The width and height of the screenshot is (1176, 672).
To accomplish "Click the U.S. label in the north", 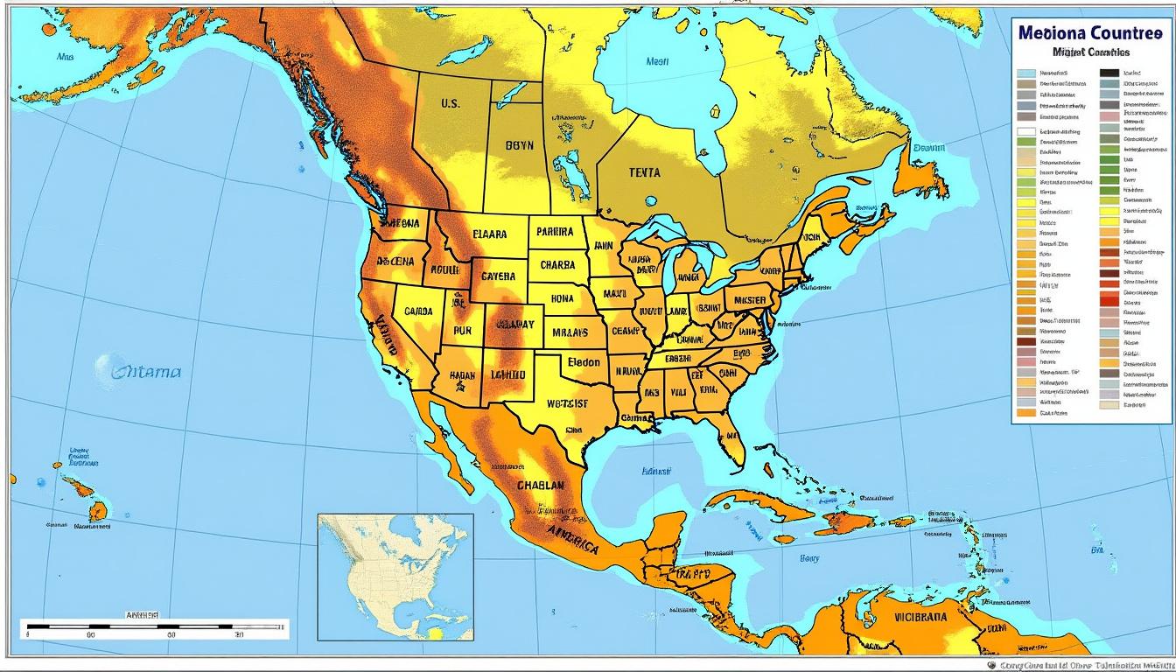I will click(x=450, y=103).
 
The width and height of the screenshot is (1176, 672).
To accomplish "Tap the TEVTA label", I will click(x=644, y=172).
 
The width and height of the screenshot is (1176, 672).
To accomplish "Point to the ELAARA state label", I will click(x=490, y=234).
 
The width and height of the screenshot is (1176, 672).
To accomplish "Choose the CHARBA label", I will click(x=558, y=265).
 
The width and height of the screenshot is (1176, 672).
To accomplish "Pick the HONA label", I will click(x=562, y=298).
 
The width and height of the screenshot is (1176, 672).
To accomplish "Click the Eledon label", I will click(x=584, y=361).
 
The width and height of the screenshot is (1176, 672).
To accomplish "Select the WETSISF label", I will click(x=567, y=403).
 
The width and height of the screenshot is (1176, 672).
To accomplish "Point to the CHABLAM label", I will click(x=541, y=485).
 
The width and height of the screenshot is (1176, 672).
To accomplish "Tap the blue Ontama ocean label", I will click(x=147, y=371).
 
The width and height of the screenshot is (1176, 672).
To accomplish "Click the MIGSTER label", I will click(x=750, y=300).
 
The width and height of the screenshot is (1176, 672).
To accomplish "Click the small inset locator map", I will click(x=395, y=577).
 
